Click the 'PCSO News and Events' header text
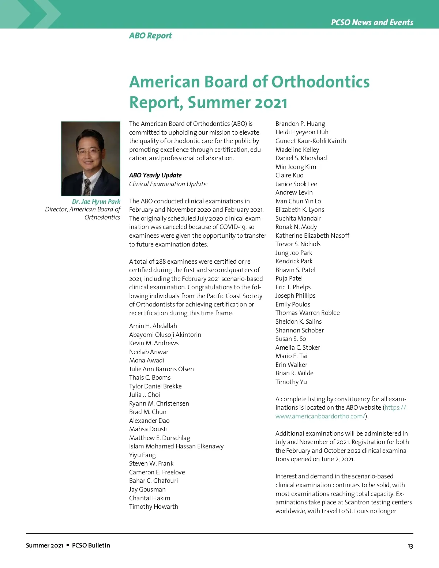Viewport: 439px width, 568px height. click(x=372, y=22)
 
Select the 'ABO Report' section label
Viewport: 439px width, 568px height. click(x=150, y=35)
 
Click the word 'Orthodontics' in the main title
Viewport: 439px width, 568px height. click(x=320, y=82)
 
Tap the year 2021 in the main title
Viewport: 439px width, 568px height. click(x=271, y=103)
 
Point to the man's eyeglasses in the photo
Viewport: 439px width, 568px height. click(x=88, y=150)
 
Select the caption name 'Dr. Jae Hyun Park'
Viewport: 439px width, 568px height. click(x=96, y=202)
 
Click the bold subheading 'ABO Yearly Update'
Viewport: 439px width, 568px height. click(x=155, y=175)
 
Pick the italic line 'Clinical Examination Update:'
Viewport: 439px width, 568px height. click(x=168, y=184)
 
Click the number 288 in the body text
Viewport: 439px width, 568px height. click(x=161, y=262)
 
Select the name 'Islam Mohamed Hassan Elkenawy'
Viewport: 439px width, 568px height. click(x=176, y=446)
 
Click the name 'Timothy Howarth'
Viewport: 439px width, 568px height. click(x=153, y=507)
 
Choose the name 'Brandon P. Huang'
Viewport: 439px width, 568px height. click(x=300, y=124)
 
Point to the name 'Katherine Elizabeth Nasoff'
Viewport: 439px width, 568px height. click(x=312, y=236)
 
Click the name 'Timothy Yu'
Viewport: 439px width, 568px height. click(x=291, y=382)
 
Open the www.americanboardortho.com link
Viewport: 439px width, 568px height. click(x=320, y=416)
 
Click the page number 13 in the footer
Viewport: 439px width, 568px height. click(x=410, y=546)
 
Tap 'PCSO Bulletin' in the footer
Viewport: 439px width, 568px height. click(x=91, y=545)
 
